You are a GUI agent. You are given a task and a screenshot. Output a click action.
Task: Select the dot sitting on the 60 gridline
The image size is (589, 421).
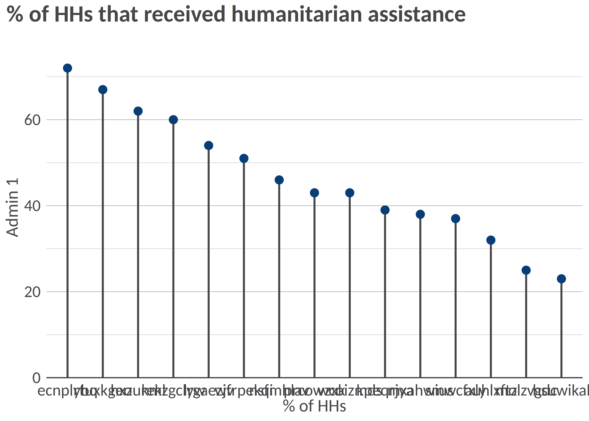coord(173,120)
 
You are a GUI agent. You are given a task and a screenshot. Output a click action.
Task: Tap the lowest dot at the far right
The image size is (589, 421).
coord(561,279)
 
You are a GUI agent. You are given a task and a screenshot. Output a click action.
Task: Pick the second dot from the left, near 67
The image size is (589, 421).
coord(103,90)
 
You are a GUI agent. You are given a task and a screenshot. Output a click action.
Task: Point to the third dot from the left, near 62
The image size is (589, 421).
coord(138,111)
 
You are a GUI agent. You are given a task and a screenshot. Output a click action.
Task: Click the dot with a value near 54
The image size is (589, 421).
coord(209,146)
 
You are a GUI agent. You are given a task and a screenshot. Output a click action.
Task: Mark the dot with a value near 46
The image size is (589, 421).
coord(279,180)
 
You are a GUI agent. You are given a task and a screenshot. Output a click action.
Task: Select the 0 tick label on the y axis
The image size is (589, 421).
coord(36,378)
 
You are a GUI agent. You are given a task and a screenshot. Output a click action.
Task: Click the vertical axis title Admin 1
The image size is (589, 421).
coord(12,207)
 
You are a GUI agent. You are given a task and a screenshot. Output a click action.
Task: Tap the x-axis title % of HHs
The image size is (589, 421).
coord(314,406)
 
